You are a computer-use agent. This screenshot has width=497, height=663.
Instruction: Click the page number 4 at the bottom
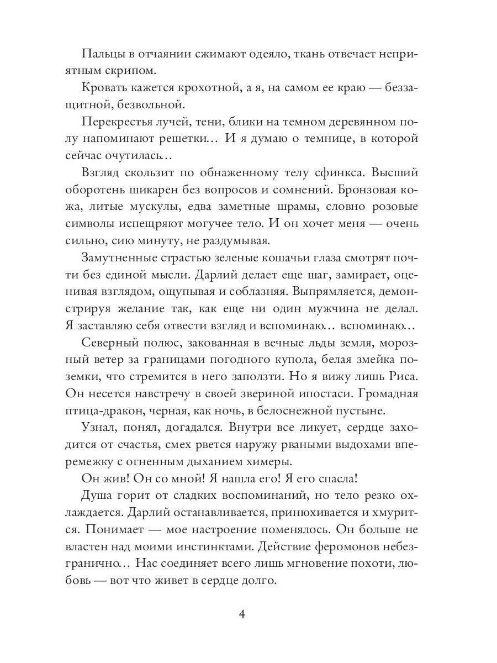coord(248,614)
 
